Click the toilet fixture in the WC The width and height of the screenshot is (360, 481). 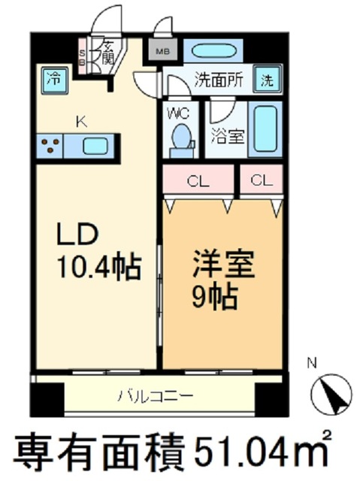tap(181, 140)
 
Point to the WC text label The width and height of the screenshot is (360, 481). tap(178, 114)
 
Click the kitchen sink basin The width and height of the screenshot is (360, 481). tap(95, 146)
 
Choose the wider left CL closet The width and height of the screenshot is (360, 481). tap(198, 181)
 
